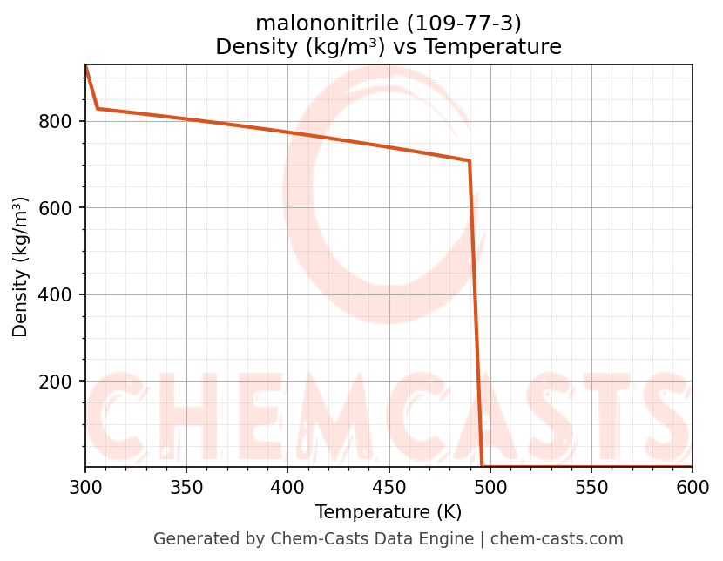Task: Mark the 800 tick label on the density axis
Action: [55, 121]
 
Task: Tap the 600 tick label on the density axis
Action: [55, 208]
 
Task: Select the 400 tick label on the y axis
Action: [55, 294]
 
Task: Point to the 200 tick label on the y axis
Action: [55, 382]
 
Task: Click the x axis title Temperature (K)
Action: [389, 512]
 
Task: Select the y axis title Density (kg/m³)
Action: [20, 267]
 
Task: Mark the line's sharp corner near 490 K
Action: [470, 161]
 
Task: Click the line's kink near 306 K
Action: [98, 109]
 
